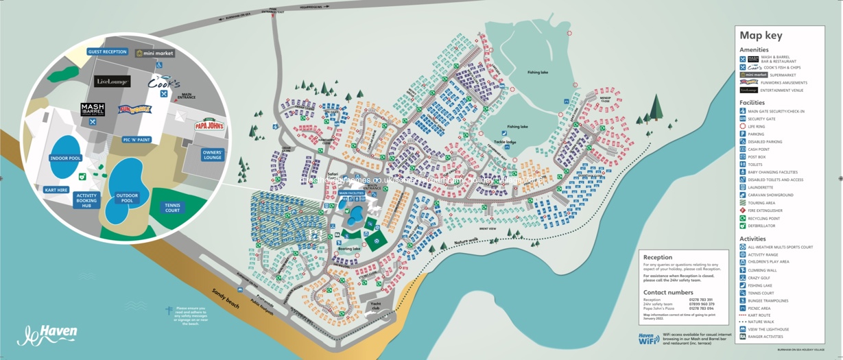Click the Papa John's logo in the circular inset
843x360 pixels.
209,125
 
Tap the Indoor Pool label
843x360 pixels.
65,158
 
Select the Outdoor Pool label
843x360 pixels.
127,197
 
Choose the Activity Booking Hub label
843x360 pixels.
86,200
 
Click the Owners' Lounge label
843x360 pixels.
213,154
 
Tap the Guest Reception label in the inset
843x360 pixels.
108,51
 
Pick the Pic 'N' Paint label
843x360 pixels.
136,140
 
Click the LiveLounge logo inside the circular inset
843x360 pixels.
112,82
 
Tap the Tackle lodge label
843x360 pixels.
505,142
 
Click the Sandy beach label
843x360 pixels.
226,299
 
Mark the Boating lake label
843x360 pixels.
349,249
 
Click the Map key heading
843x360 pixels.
761,36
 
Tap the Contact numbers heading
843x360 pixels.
668,292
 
